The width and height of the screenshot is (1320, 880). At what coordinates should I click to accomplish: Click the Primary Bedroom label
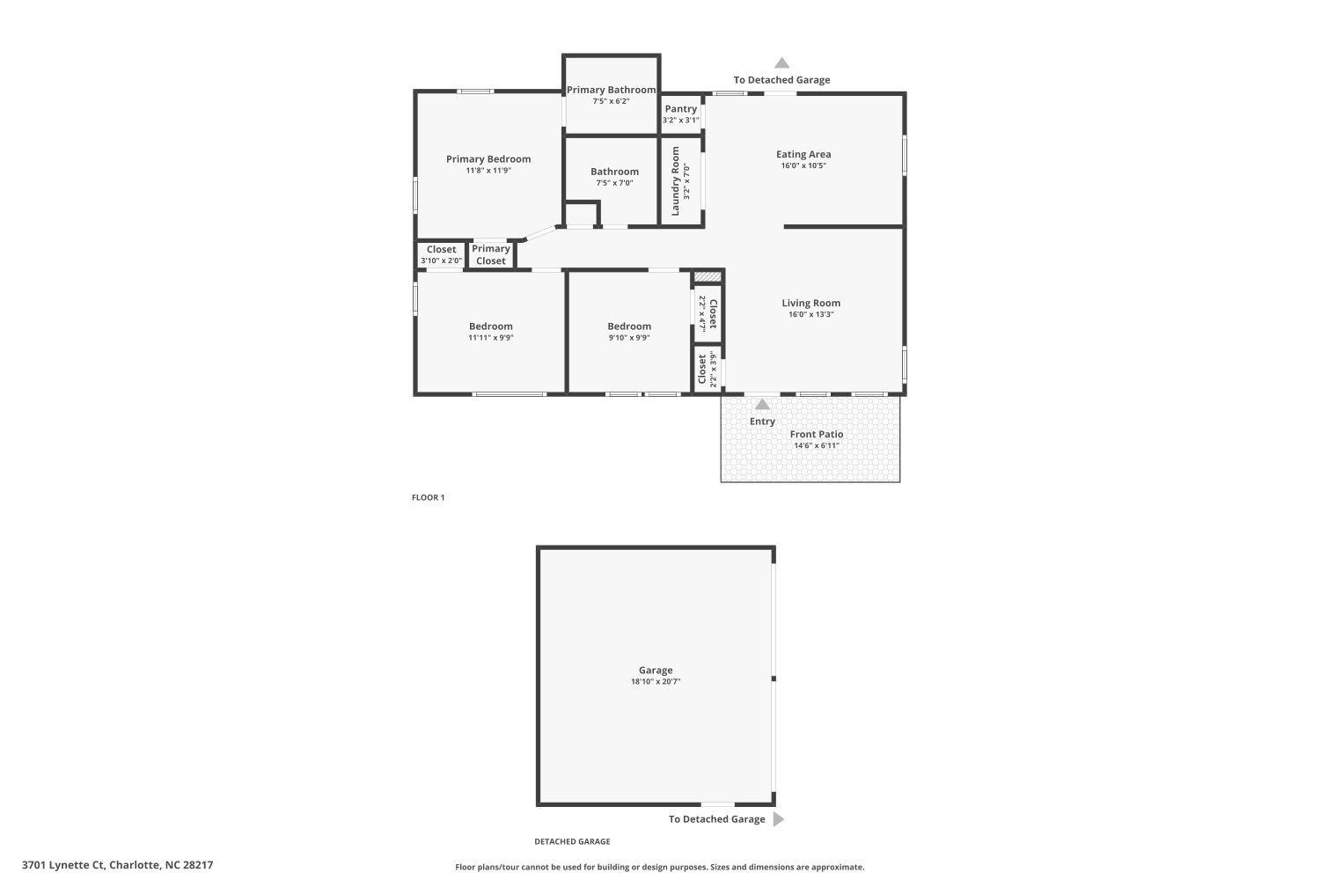[488, 159]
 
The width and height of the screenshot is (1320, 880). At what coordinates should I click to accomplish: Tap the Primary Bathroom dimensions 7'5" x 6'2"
[611, 101]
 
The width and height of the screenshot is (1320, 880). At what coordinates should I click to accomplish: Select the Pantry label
[681, 109]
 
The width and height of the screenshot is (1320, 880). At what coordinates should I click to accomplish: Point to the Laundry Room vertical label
[676, 181]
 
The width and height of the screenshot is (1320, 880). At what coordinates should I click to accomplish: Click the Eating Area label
[803, 155]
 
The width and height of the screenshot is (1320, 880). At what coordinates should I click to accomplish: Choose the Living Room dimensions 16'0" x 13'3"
[811, 314]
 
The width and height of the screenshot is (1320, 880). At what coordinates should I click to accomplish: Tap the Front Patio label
[817, 434]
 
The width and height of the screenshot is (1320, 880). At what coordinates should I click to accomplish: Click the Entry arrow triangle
[762, 405]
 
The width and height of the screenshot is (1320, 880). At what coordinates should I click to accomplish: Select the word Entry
[762, 422]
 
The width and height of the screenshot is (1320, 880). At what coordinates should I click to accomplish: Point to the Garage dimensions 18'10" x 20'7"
[656, 682]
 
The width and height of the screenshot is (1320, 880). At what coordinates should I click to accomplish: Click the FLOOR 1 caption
[429, 498]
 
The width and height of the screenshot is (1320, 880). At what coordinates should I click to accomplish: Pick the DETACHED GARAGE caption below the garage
[572, 841]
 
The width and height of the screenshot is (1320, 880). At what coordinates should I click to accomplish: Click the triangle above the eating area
[781, 63]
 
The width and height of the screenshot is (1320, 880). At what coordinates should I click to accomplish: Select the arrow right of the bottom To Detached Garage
[778, 819]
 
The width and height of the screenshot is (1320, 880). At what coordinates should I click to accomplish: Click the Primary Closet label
[491, 254]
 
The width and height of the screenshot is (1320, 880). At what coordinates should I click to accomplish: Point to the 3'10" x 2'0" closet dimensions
[441, 260]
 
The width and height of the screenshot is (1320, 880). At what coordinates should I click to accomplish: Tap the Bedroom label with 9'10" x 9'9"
[629, 326]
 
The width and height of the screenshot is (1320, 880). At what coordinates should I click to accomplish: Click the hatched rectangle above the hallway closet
[708, 277]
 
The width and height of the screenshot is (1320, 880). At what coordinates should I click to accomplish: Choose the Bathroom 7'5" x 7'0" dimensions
[614, 183]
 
